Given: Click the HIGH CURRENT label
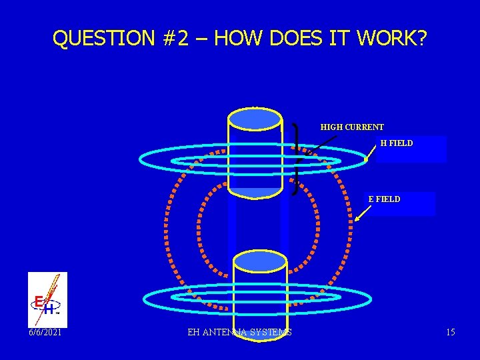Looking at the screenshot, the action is pos(352,127).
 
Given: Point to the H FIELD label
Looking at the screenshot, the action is pos(397,143).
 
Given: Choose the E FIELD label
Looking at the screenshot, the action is pos(385,199).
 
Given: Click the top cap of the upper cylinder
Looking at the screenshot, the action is pos(255,118).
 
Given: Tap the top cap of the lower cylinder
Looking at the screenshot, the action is pos(260,262).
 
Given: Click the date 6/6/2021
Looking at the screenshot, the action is pos(45,332).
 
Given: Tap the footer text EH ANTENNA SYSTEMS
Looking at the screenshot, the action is pos(239,332).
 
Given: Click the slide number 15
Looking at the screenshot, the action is pos(451,332).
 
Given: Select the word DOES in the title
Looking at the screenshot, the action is pos(294,39).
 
